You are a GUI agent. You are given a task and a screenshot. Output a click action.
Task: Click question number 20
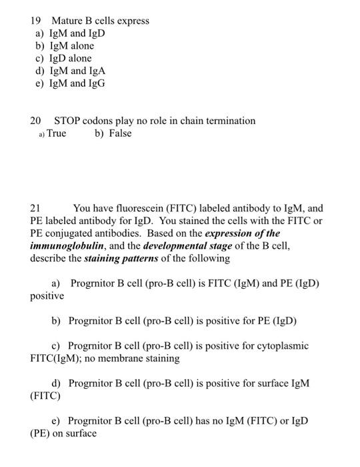coord(36,121)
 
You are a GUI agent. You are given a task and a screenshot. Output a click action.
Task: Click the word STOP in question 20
coord(68,121)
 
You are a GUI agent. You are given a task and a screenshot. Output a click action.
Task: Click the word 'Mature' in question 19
coord(66,21)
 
